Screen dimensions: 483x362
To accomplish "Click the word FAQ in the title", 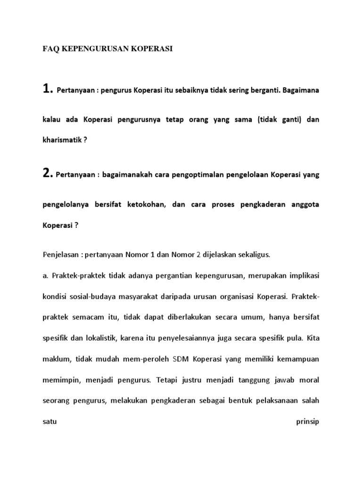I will (x=49, y=49).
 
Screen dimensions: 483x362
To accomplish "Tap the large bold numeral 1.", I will (x=48, y=89).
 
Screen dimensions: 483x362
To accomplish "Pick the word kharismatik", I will (x=62, y=140).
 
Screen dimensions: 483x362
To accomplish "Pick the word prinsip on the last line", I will (x=307, y=421).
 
